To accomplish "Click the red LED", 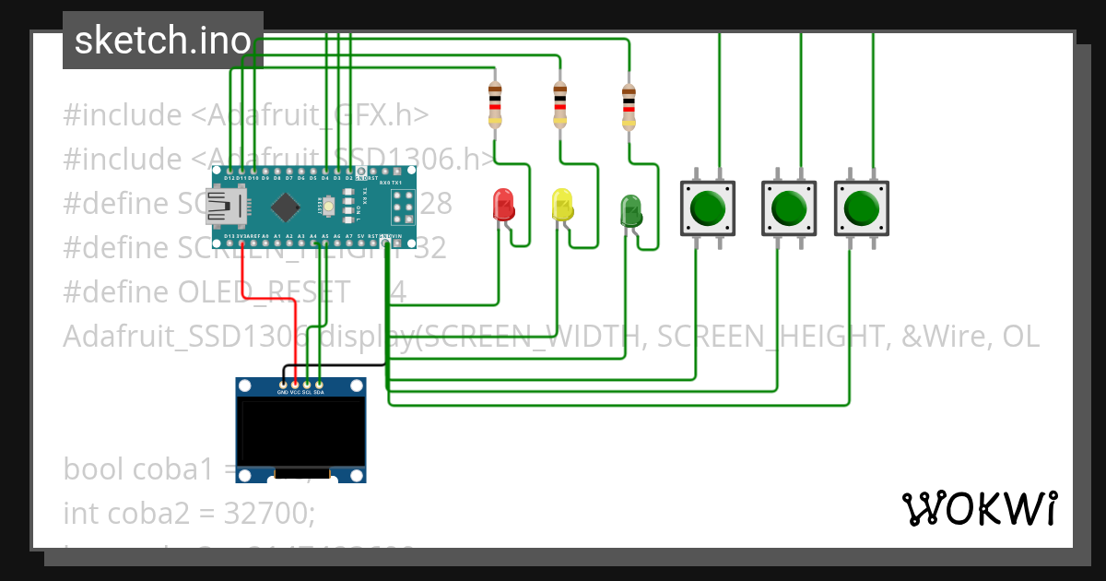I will pos(503,204).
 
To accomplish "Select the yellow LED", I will pos(561,204).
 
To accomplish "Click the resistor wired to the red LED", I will pos(495,104).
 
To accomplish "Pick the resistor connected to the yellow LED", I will pos(559,104).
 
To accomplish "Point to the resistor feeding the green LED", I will pos(629,108).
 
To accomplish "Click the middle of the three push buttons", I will pos(789,207).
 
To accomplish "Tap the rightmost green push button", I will pos(861,207).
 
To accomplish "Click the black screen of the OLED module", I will pos(300,432).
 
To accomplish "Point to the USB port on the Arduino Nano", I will pos(224,206).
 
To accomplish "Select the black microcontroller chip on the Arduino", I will pos(287,207).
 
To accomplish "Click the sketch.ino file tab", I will pos(162,41).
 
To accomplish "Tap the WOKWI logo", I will pos(979,508).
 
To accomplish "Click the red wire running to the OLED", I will pos(243,277).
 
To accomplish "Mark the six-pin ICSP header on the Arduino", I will pos(401,207).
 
